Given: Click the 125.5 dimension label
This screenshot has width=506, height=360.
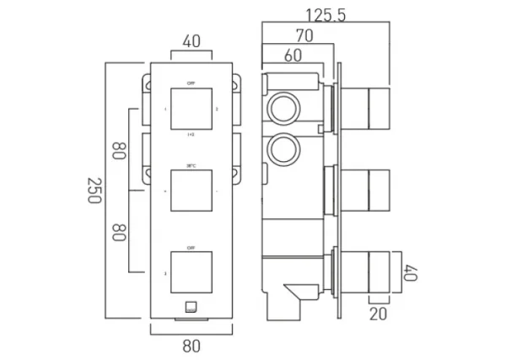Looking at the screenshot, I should click(326, 14).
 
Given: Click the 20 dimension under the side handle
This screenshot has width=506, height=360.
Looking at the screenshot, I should click(378, 312).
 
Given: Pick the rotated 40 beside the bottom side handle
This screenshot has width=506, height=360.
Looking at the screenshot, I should click(411, 271).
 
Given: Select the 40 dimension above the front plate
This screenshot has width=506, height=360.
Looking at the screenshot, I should click(191, 40).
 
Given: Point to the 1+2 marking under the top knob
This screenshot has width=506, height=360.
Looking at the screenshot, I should click(191, 134).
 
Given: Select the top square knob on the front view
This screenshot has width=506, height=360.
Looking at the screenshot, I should click(191, 110).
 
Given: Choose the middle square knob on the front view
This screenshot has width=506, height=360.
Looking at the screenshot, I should click(191, 191).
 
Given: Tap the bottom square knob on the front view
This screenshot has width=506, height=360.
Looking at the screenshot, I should click(191, 272).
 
